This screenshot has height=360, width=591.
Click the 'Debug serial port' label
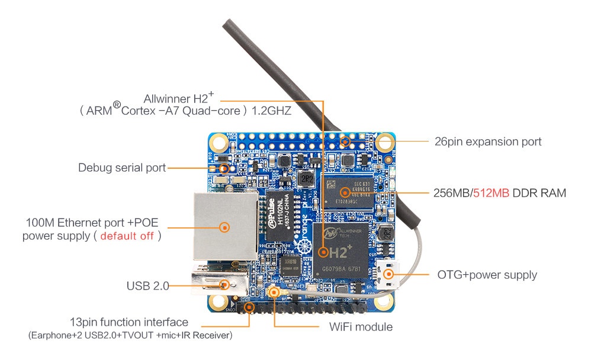(x=121, y=168)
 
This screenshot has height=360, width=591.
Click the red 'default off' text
(x=127, y=236)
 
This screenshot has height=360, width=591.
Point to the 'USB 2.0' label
(x=147, y=286)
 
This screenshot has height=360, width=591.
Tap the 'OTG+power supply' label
(x=487, y=275)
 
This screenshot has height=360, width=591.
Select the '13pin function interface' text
(x=129, y=322)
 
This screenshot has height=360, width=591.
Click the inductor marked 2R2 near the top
(x=306, y=178)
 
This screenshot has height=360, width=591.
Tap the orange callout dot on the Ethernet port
(x=224, y=226)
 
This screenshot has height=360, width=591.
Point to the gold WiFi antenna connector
(x=274, y=291)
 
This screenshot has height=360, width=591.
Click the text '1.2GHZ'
(x=271, y=111)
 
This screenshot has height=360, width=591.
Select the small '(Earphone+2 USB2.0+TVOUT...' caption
(x=130, y=336)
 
